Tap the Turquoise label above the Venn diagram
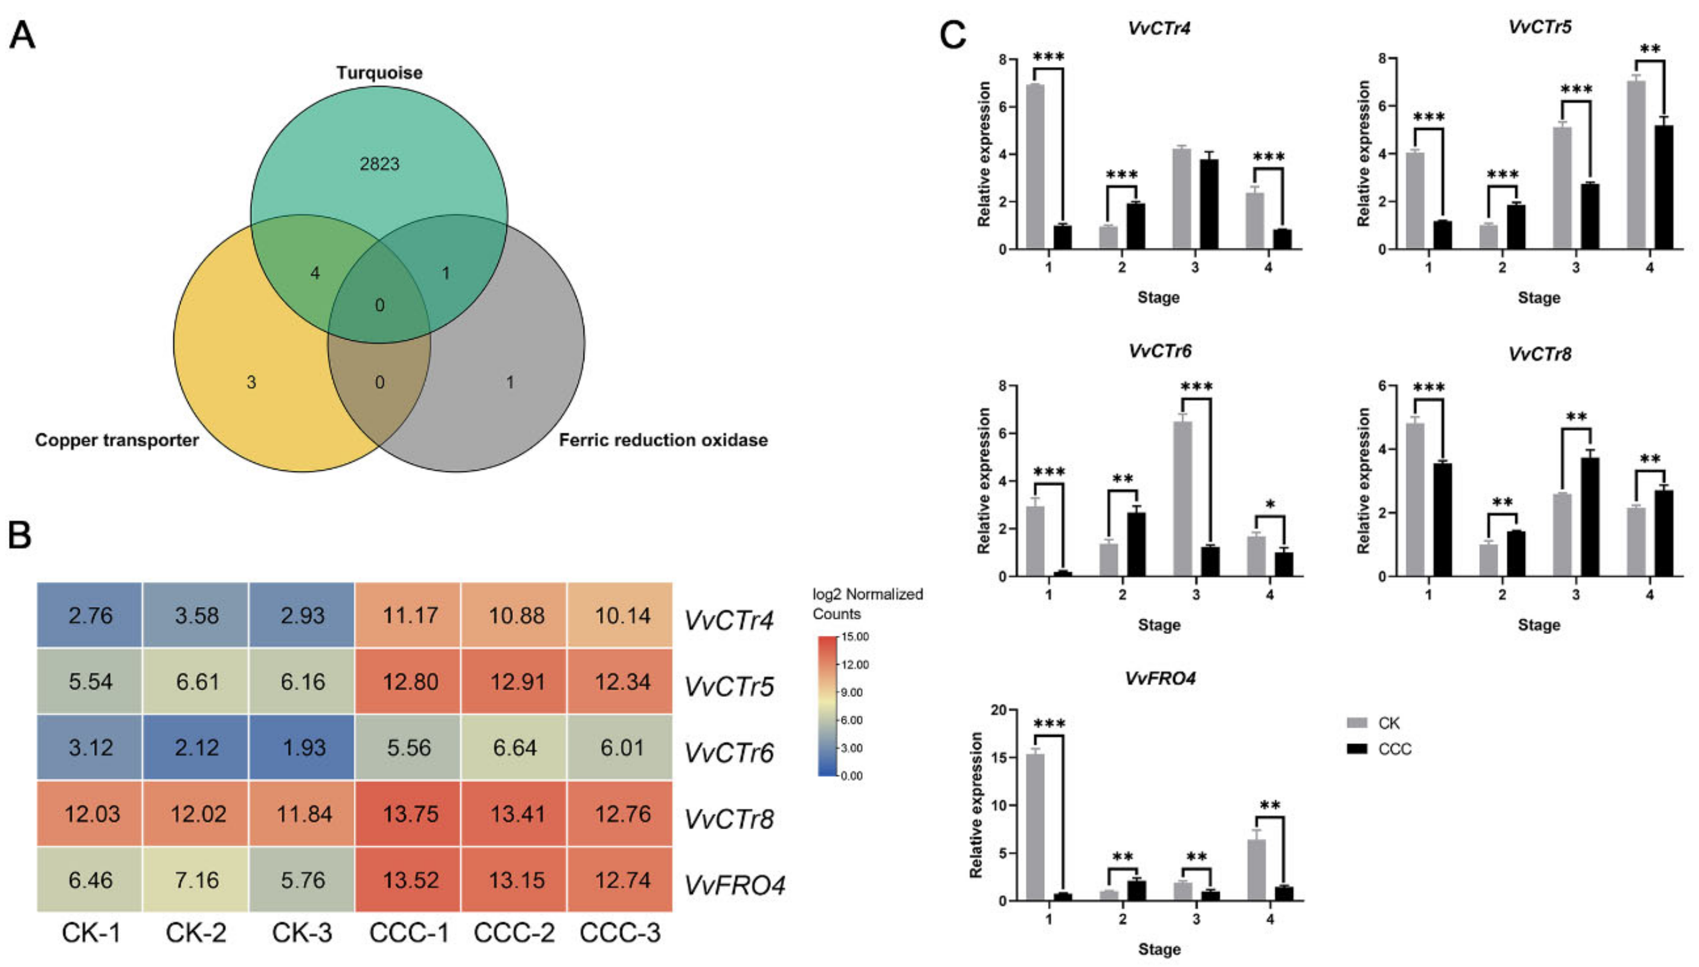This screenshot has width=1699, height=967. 379,73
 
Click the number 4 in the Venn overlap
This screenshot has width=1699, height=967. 315,273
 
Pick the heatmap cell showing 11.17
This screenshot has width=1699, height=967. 409,616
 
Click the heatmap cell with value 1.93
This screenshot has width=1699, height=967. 303,748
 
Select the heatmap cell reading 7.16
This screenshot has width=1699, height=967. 196,880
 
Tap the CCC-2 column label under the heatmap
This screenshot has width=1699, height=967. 514,933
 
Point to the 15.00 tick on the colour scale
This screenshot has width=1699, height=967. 855,637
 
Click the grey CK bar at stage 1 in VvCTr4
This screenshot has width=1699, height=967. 1035,166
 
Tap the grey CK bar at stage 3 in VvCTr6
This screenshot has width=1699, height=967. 1182,498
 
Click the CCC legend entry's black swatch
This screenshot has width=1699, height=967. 1357,748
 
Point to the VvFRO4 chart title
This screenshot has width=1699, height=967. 1159,678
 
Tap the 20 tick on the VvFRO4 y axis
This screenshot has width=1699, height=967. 999,710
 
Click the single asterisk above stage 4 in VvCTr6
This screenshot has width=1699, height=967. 1270,505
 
